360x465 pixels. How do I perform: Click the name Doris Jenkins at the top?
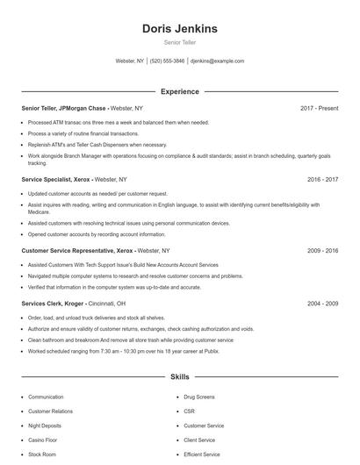click(x=180, y=29)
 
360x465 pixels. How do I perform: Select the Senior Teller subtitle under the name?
click(x=180, y=42)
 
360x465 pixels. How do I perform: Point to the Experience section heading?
click(x=180, y=91)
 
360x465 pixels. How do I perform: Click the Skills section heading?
click(x=180, y=377)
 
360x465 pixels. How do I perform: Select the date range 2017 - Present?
click(x=319, y=109)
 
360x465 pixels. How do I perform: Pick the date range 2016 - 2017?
click(x=323, y=179)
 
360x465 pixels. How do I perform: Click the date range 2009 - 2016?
click(x=323, y=250)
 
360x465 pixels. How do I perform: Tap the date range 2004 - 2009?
click(x=323, y=304)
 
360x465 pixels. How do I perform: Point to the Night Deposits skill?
click(x=46, y=426)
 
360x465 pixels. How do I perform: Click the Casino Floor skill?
click(x=44, y=440)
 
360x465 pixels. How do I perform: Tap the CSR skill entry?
click(x=189, y=411)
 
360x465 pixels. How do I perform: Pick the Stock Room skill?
click(x=42, y=454)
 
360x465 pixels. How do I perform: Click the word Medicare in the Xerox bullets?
click(x=40, y=211)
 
